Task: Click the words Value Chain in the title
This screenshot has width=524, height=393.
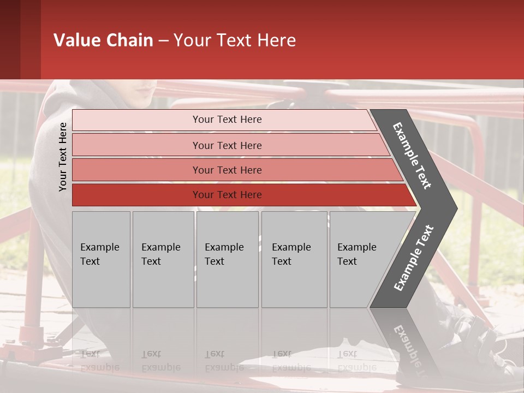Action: (x=103, y=40)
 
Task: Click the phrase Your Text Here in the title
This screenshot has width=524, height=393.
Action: (x=235, y=40)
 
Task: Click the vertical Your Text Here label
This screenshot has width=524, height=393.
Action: (x=63, y=157)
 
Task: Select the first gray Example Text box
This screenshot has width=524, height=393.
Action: (x=101, y=259)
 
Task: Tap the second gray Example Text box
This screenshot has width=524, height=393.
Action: (x=163, y=259)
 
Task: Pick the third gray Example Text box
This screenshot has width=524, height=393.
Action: (x=227, y=259)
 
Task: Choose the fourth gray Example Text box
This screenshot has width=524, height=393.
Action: (x=294, y=259)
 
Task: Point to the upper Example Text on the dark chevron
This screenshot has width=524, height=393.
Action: (x=413, y=156)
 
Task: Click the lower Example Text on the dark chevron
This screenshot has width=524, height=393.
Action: (x=414, y=258)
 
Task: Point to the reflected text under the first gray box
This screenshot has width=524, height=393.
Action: (x=100, y=360)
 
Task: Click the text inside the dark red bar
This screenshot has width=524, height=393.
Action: (x=227, y=195)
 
